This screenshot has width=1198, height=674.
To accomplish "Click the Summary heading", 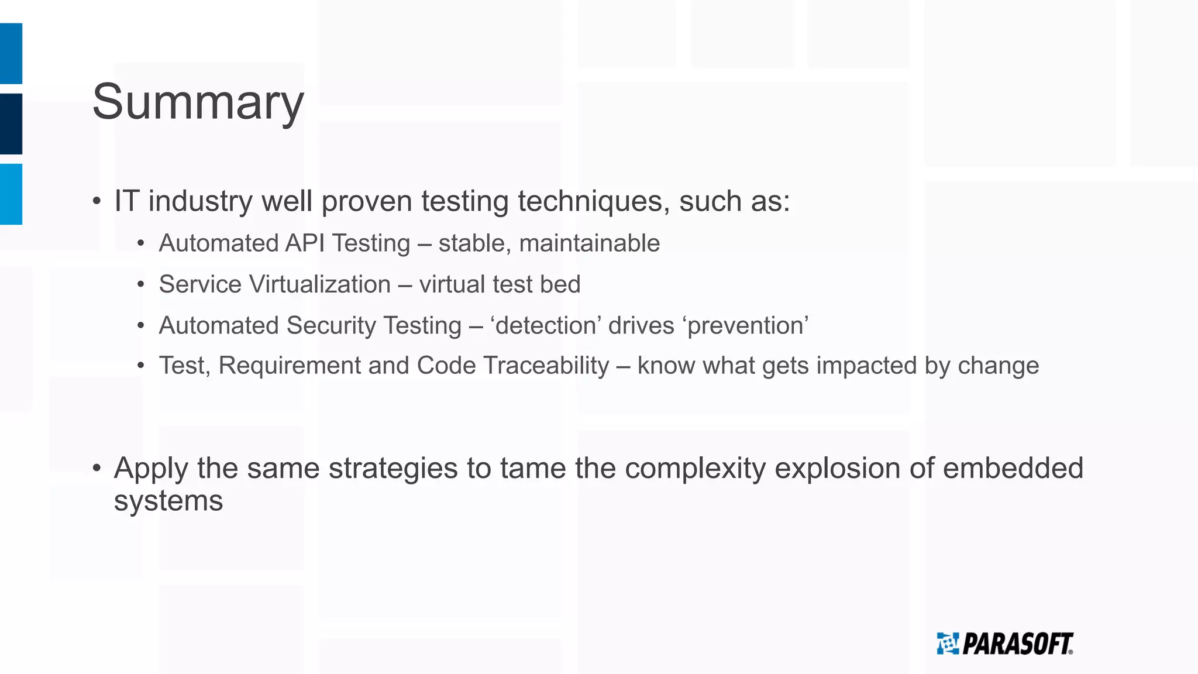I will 198,102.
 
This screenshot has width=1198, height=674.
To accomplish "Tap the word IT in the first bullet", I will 126,201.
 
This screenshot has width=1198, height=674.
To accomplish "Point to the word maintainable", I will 589,243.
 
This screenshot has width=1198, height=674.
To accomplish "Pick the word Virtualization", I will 320,284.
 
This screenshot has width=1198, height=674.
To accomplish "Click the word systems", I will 168,501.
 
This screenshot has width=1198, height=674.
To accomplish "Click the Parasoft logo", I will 1005,644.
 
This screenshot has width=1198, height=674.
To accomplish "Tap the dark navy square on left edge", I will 11,123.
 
